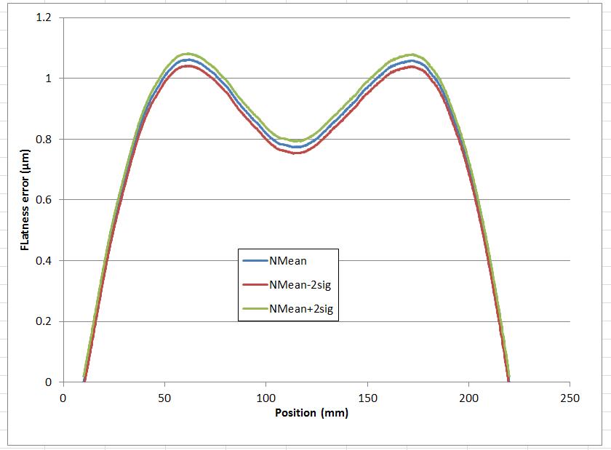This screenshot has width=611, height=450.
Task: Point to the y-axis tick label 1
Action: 48,79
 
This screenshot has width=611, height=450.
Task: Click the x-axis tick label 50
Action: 164,398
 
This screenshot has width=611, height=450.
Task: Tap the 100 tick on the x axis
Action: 266,398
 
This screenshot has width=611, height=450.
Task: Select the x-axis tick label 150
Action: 367,398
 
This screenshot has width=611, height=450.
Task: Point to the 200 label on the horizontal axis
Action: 469,398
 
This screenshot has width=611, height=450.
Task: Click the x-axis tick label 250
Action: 570,398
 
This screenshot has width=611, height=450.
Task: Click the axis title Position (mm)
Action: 311,413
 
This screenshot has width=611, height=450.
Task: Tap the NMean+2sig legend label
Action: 304,309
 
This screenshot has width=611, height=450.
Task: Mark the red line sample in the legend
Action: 254,284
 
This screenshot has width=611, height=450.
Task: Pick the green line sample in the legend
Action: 254,309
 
